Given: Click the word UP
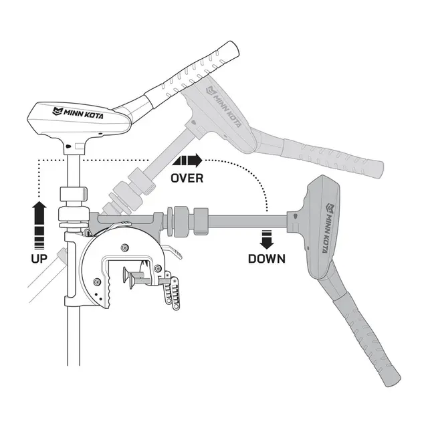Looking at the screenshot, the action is (x=39, y=259).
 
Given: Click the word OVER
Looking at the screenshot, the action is (x=187, y=179).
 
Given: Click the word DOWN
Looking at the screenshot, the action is (x=267, y=259).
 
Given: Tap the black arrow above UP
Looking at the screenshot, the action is (x=39, y=225).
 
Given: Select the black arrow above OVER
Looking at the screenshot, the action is (x=187, y=160).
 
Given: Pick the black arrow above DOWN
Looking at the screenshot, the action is (x=267, y=239).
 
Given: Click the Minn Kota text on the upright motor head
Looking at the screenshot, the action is (x=78, y=113).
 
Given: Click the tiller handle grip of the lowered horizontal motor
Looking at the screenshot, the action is (x=366, y=339).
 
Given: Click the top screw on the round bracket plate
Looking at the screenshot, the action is (x=125, y=247).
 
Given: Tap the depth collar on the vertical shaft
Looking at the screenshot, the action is (x=74, y=194).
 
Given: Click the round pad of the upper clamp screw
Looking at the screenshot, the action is (x=126, y=274).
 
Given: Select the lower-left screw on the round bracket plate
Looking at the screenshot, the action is (x=96, y=282).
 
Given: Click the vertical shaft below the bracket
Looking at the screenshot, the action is (x=74, y=336).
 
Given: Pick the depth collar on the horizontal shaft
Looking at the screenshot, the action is (x=201, y=221).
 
